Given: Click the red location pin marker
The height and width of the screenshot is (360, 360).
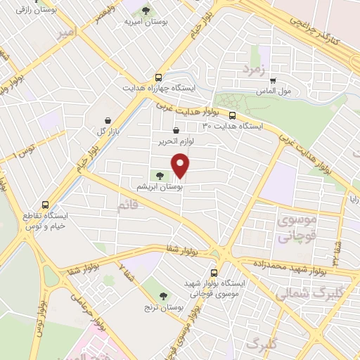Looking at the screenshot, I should pos(181,166).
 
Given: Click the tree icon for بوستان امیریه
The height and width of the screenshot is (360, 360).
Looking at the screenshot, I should pos(146,11).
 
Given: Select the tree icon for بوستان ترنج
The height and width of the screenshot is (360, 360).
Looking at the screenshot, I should pos(164,296).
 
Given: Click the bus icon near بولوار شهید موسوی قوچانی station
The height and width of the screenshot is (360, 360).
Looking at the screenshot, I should pos(214,273).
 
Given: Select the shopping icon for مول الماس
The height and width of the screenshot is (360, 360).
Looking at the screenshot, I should pos(273,80).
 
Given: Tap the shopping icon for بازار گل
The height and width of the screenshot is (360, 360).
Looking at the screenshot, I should pos(108,121).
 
